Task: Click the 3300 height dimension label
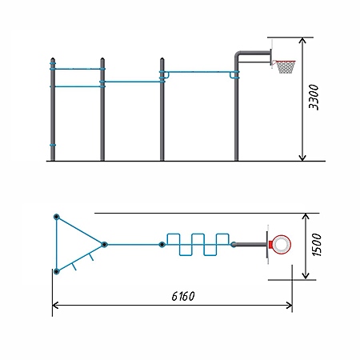pos(314,97)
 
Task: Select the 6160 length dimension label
pos(183,296)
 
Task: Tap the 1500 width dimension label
pos(317,245)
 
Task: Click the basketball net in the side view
pos(286,67)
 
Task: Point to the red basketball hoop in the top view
pos(281,245)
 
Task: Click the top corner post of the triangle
pos(56,217)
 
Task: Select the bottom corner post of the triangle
pos(56,271)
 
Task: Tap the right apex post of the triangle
pos(104,244)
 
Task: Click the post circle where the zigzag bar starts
pos(162,244)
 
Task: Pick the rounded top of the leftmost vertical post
pos(53,59)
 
